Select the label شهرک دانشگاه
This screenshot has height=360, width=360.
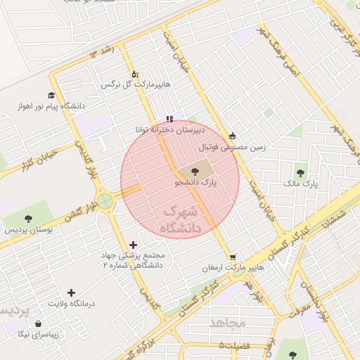181,220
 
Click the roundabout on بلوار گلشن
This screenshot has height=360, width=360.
105,202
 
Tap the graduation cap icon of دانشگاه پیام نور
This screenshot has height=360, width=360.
51,95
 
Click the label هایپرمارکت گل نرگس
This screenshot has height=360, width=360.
136,84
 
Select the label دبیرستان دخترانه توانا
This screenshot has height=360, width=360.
170,130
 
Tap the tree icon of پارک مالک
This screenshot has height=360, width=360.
301,172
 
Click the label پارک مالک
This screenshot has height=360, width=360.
301,184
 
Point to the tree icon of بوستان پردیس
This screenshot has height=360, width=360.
28,219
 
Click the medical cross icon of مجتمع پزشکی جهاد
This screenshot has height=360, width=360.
134,245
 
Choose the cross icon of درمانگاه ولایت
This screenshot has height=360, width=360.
70,292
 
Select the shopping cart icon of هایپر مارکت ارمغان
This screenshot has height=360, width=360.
233,257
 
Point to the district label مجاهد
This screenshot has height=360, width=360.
228,323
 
